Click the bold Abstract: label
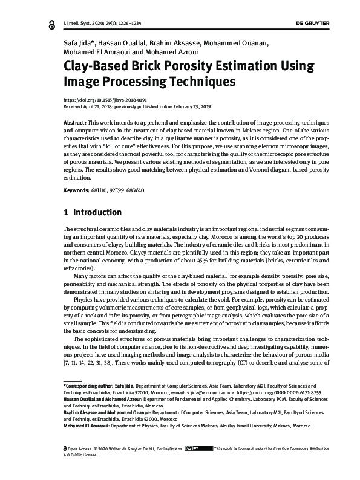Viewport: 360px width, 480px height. coord(76,122)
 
